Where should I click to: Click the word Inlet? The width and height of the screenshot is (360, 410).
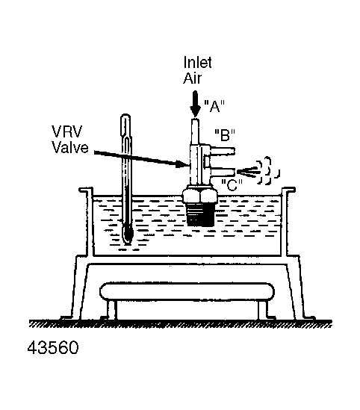[x=197, y=63]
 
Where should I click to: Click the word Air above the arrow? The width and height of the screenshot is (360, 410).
[x=193, y=78]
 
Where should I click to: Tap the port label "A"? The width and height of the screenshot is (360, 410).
[x=214, y=107]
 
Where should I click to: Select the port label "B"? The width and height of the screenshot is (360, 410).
[x=225, y=135]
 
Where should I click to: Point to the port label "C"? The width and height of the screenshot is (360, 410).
[x=232, y=185]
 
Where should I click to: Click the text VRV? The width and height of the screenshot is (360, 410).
[x=67, y=131]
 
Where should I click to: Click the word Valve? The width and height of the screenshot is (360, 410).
[x=70, y=147]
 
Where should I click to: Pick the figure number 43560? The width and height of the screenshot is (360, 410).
[x=53, y=347]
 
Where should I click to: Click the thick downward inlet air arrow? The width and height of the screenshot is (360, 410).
[x=195, y=104]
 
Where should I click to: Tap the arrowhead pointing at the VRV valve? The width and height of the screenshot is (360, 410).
[x=182, y=164]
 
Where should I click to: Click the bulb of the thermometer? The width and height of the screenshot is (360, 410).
[x=128, y=234]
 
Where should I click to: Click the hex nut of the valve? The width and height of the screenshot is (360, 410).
[x=199, y=195]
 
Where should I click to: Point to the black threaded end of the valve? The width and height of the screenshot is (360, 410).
[x=201, y=215]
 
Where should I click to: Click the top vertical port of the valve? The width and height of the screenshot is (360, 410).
[x=194, y=131]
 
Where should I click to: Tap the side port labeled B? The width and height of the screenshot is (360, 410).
[x=222, y=151]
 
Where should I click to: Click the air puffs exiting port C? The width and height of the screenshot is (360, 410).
[x=258, y=171]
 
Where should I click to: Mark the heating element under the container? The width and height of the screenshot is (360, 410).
[x=187, y=291]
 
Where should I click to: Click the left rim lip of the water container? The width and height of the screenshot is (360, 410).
[x=86, y=190]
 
